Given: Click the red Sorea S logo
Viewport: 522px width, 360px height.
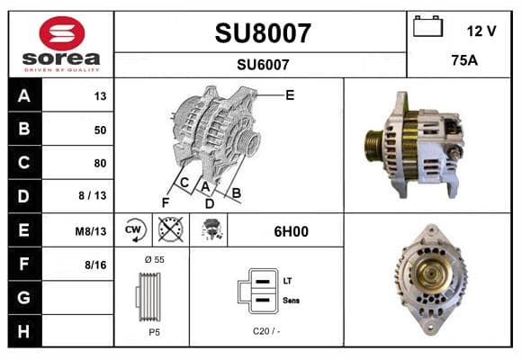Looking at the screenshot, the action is pos(62,33).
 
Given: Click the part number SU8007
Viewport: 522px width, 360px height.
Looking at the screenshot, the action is pos(263,33).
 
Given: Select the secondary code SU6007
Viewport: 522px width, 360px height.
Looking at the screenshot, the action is pos(263,65).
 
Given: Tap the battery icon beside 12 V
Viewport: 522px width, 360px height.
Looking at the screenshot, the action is pos(427,26).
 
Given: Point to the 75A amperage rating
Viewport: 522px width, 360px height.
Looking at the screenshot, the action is pos(464,60).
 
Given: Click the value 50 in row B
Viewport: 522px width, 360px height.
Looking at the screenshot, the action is pos(100,130).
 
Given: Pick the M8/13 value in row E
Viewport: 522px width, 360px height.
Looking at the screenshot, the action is pos(91,231).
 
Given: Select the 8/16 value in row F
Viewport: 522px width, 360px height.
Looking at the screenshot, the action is pos(95,265).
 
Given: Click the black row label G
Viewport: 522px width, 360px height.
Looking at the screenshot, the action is pos(24,297).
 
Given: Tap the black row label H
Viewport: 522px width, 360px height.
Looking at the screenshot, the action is pos(24,331).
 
